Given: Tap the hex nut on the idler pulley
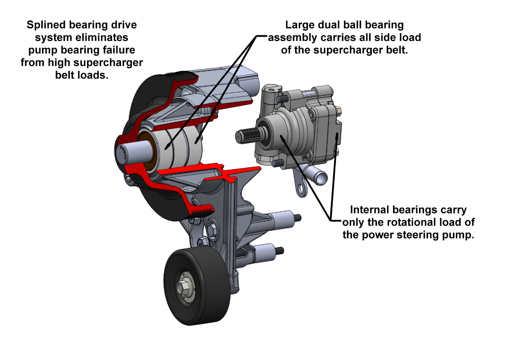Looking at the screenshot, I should tap(182, 287).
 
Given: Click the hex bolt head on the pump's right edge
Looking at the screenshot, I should tap(339, 111).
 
